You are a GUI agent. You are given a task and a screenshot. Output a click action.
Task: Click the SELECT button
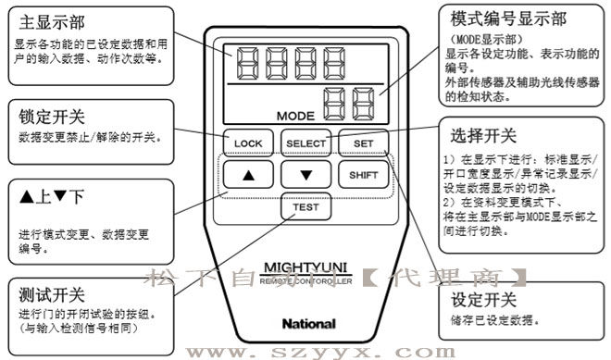pyautogui.click(x=305, y=143)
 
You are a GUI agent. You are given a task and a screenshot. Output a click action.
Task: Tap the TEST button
pyautogui.click(x=305, y=207)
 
